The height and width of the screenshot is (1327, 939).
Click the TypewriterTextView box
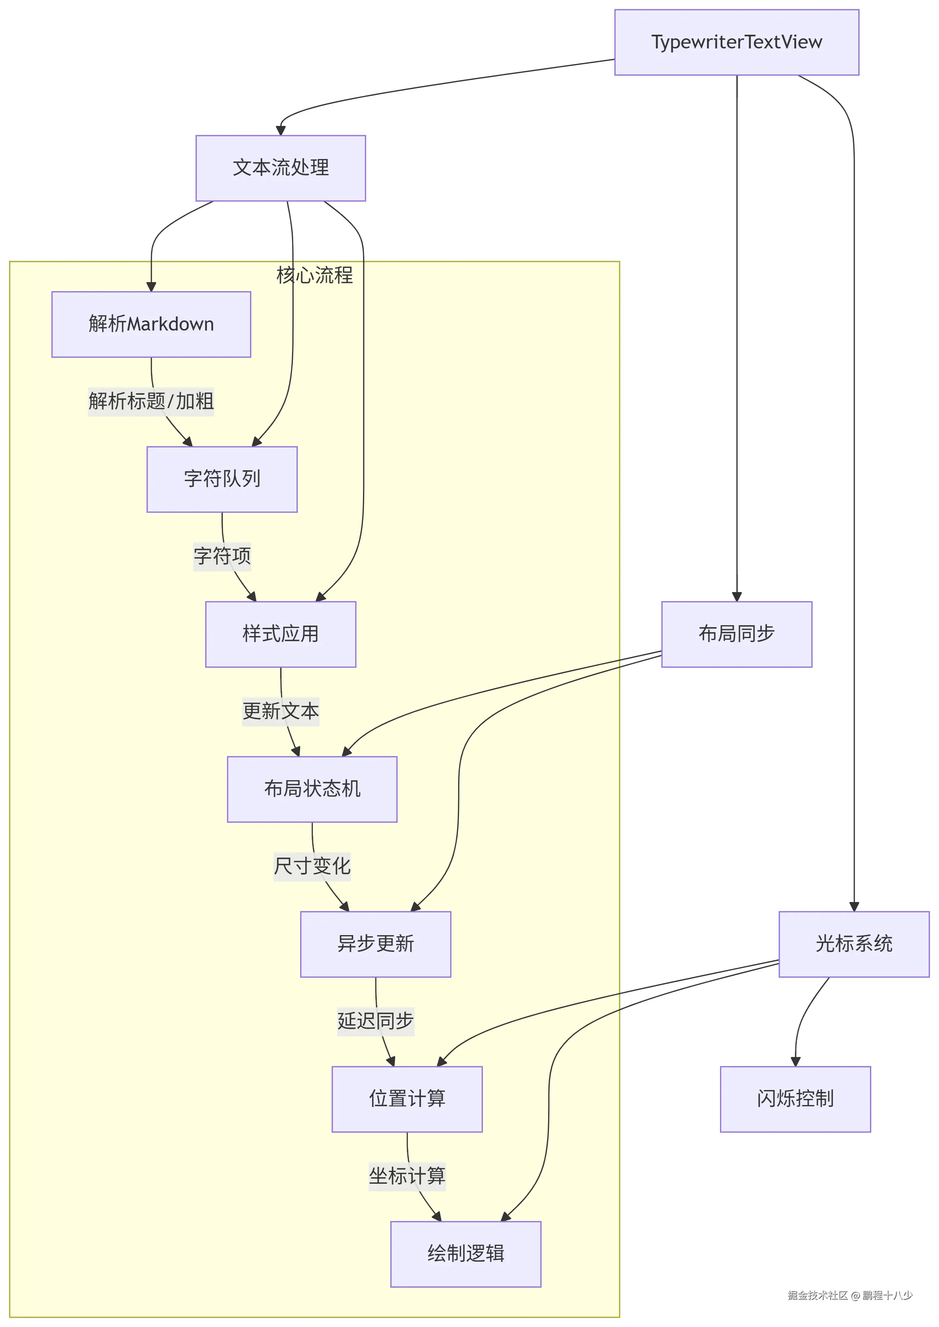click(736, 42)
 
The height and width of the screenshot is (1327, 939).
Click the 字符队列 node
click(222, 479)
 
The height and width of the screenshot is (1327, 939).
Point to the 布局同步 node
click(736, 634)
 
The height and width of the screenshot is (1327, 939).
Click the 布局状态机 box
click(312, 789)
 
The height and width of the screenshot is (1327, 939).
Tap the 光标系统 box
click(853, 944)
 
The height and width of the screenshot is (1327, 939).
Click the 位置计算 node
click(407, 1099)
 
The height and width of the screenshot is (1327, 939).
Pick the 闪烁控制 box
click(795, 1099)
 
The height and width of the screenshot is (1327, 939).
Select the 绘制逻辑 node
click(465, 1254)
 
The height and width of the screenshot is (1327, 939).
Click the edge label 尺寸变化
click(312, 867)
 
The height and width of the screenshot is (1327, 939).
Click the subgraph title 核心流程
click(315, 275)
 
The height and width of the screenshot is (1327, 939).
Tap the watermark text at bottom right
click(849, 1296)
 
